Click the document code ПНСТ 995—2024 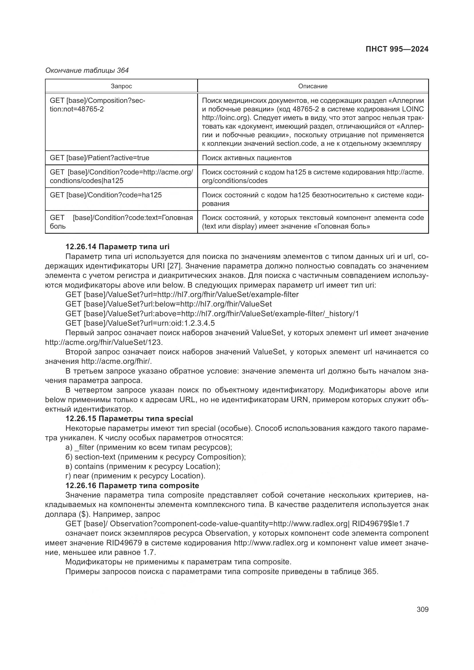pos(397,49)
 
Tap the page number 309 pos(422,610)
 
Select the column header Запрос pos(121,86)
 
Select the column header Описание pos(313,86)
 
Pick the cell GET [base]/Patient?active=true pos(99,158)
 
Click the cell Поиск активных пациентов pos(247,158)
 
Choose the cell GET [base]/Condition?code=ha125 pos(106,195)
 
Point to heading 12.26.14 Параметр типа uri pos(117,247)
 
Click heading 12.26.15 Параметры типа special pos(129,418)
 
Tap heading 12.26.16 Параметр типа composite pos(132,486)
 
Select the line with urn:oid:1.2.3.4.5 pos(140,323)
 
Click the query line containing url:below pos(169,304)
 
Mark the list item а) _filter pos(148,447)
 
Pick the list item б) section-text pos(156,457)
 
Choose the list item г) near pos(135,476)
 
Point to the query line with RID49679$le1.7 pos(237,524)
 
